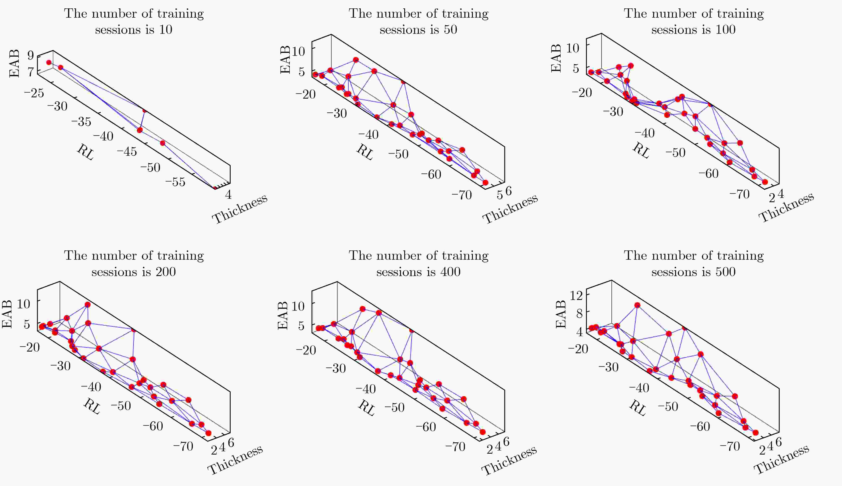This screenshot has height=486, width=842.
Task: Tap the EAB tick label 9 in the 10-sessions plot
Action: [31, 55]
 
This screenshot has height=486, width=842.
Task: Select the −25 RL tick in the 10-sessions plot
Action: [34, 93]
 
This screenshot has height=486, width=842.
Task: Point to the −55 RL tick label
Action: [175, 182]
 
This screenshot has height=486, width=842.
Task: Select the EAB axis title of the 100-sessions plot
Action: [556, 58]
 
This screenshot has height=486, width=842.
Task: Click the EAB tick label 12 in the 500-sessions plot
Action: [576, 295]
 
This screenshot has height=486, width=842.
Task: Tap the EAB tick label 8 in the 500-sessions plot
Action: [579, 313]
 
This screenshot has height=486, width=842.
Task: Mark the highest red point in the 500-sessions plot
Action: [637, 305]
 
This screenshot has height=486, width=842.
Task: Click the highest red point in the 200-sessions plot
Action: [87, 304]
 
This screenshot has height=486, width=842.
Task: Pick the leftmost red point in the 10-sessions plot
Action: [49, 63]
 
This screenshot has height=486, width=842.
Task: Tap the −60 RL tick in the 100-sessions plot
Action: [709, 174]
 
